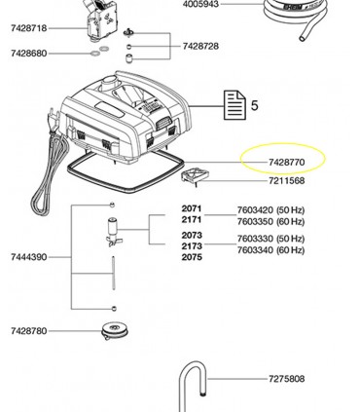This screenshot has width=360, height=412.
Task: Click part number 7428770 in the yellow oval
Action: tap(287, 162)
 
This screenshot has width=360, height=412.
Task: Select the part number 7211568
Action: tap(287, 180)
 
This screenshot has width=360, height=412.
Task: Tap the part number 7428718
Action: tap(29, 28)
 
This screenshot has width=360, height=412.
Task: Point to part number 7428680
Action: tap(29, 53)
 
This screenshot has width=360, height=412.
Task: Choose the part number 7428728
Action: tap(200, 46)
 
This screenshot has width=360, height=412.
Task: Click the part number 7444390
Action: tap(29, 257)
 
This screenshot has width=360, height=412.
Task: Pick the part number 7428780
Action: tap(29, 331)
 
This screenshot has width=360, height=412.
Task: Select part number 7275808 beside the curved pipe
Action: tap(287, 379)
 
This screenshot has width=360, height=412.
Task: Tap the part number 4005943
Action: tap(200, 4)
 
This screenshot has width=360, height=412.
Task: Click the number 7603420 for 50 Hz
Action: tap(255, 210)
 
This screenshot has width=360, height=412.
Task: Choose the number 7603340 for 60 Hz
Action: tap(255, 250)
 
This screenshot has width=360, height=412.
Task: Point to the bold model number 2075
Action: tap(192, 257)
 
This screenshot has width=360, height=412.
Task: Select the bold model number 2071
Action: tap(192, 208)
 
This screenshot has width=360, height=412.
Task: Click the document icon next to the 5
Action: tap(234, 105)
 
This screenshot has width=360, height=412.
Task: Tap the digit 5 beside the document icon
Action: tap(255, 105)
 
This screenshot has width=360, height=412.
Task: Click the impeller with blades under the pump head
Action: tap(114, 232)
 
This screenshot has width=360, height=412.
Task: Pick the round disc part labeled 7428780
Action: tap(115, 330)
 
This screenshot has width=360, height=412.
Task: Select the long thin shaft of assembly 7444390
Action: tap(114, 273)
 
